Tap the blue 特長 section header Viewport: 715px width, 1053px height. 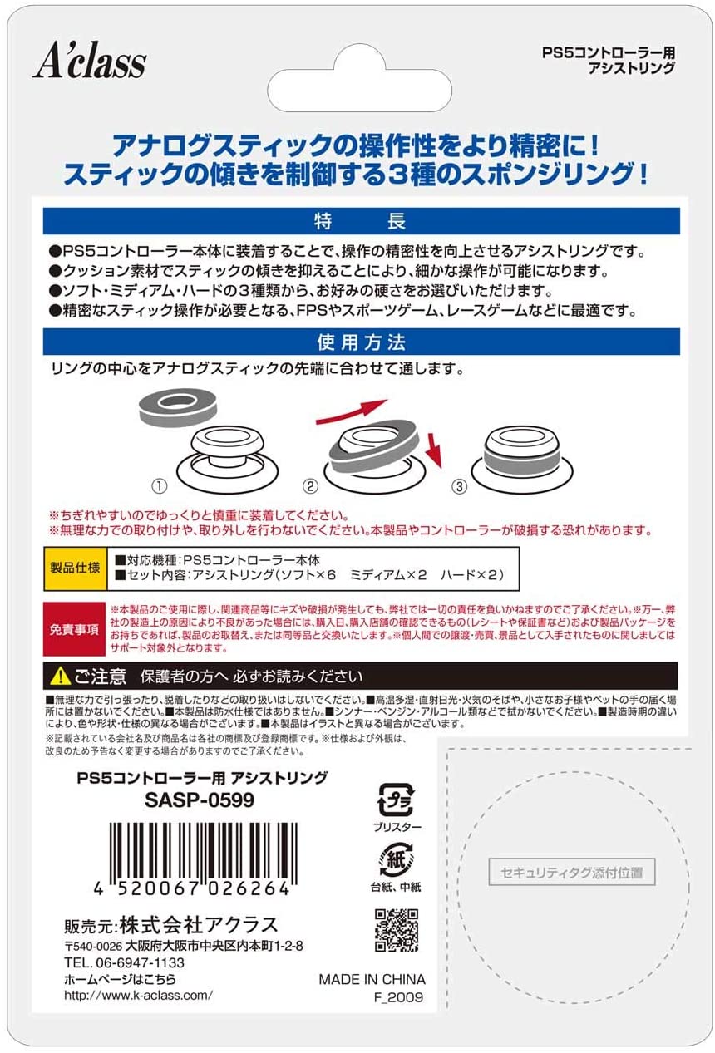tap(362, 221)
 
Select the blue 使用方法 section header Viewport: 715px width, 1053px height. tap(362, 342)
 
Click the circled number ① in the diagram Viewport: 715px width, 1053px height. tap(160, 486)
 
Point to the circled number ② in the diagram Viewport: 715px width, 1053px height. tap(310, 486)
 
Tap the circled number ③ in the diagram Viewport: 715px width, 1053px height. tap(460, 486)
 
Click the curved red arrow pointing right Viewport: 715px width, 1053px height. tap(352, 411)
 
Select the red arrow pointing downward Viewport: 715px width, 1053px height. tap(434, 450)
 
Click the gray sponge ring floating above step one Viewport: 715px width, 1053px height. tap(178, 406)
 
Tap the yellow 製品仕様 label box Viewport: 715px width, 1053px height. tap(76, 568)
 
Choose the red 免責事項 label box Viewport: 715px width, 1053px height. tap(74, 629)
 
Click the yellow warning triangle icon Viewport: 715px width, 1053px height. tap(60, 677)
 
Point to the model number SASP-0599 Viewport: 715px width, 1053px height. tap(200, 800)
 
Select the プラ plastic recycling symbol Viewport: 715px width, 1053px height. tap(396, 800)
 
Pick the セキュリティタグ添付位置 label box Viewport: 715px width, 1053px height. tap(572, 872)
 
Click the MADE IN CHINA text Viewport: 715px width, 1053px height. tap(372, 979)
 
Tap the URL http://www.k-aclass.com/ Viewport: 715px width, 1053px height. tap(138, 995)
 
